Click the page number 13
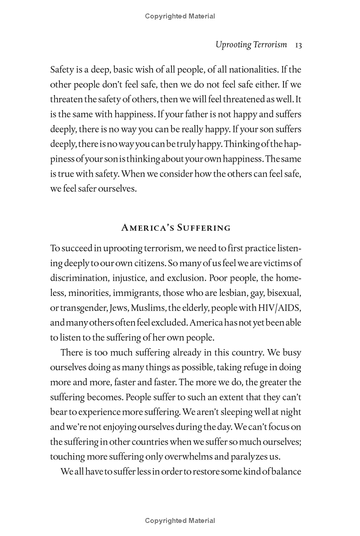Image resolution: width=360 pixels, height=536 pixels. tap(298, 45)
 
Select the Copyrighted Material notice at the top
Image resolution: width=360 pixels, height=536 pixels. tap(180, 16)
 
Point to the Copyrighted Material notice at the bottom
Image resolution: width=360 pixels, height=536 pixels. tap(180, 521)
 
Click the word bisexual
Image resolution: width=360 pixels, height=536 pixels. tap(283, 293)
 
